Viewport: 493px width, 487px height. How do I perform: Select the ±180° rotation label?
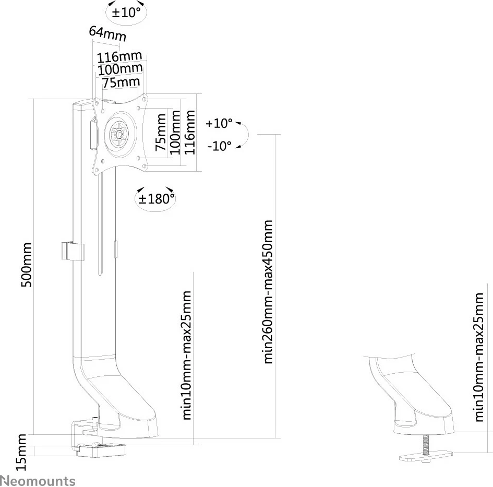(155, 198)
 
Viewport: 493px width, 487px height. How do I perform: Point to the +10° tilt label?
(219, 124)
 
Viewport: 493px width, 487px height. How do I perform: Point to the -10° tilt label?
(219, 146)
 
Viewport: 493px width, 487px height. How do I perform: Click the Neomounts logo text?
(38, 480)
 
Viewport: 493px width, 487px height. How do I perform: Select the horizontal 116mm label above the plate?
(119, 56)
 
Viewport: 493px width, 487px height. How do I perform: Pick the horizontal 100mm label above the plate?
(120, 69)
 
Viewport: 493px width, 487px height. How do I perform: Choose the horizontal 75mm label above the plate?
(121, 82)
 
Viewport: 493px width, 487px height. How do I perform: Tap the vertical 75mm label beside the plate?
(162, 134)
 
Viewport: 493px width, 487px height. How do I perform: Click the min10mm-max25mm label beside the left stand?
(188, 355)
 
